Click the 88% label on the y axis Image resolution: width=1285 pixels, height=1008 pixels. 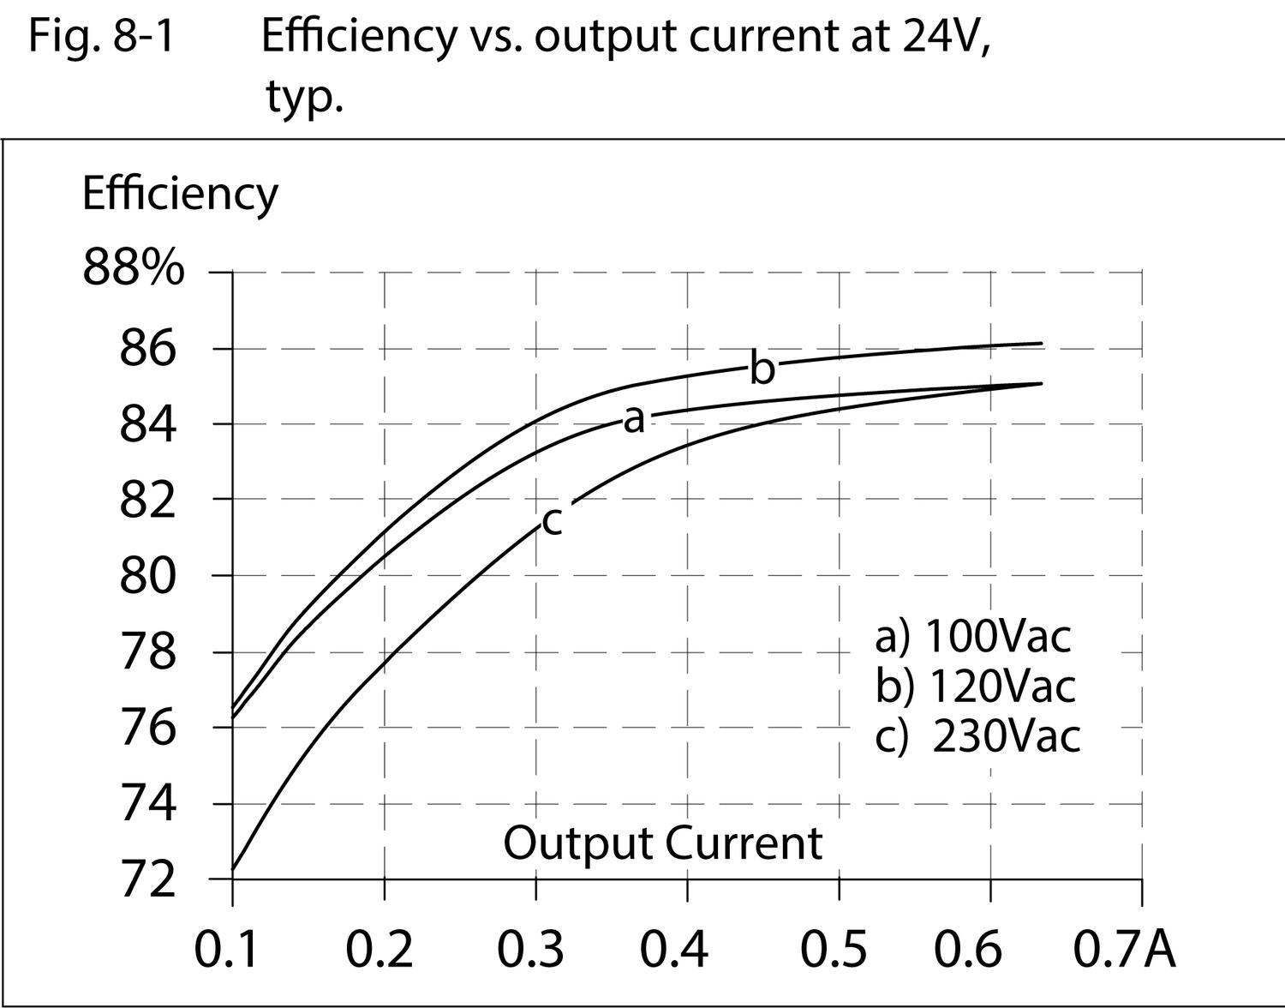pos(133,268)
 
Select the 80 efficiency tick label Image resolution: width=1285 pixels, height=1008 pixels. pos(147,576)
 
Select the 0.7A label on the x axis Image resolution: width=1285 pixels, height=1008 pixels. pos(1124,949)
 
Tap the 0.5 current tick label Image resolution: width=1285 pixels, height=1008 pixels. pos(833,949)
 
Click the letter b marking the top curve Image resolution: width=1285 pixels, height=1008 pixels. pos(762,369)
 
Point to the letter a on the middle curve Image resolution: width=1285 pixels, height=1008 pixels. pos(633,419)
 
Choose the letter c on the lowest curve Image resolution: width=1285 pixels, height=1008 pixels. pos(553,520)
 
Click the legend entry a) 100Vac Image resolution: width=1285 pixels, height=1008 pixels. pos(973,636)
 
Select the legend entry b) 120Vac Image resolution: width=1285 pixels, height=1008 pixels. pos(975,686)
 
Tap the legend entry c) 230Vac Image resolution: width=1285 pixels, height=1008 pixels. pos(977,735)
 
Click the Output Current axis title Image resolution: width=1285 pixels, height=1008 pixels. pos(662,843)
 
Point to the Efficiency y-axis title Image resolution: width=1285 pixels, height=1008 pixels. pos(180,194)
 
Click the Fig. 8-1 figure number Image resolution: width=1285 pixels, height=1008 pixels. pos(101,36)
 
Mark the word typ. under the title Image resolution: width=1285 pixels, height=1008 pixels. pos(304,96)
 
